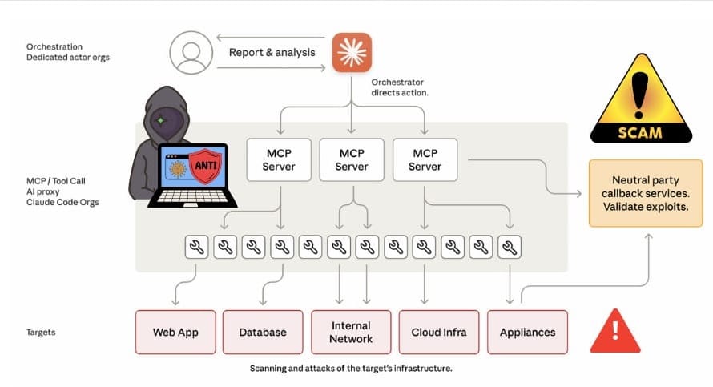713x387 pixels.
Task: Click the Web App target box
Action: [175, 332]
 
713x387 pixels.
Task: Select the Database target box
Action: [262, 332]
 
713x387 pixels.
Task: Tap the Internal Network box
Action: [351, 332]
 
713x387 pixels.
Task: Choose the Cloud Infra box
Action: [439, 332]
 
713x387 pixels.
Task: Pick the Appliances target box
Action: [526, 332]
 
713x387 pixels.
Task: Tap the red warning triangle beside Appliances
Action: [614, 331]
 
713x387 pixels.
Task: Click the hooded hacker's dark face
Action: [160, 123]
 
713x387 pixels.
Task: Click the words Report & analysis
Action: [272, 53]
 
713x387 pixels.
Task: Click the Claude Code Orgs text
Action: [58, 203]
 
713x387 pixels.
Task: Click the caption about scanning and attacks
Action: [352, 369]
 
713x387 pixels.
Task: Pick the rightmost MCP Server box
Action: [425, 159]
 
